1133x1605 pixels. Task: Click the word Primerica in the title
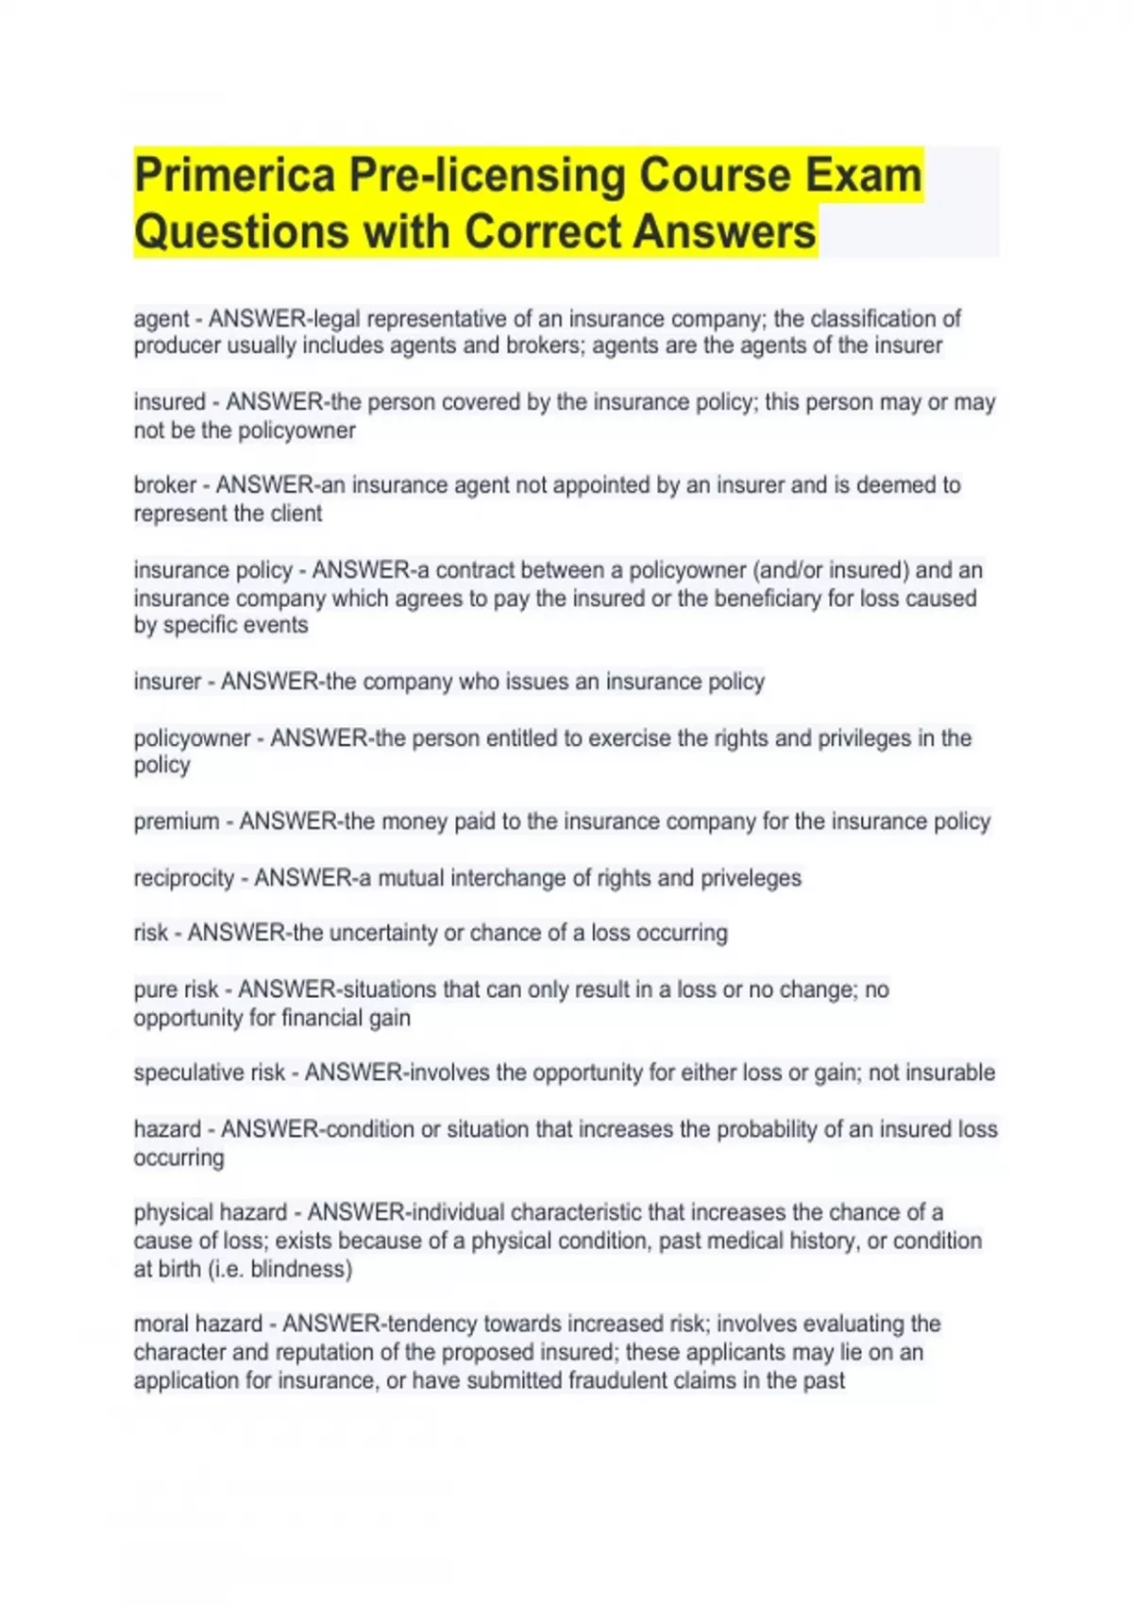(x=234, y=176)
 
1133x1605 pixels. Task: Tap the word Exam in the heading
(x=861, y=176)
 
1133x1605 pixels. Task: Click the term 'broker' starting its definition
(x=164, y=485)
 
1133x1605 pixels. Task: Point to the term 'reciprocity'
(x=183, y=878)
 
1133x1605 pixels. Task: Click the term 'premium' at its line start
(x=176, y=821)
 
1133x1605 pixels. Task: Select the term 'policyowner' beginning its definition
(x=192, y=738)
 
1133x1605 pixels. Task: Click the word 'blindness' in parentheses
(x=300, y=1269)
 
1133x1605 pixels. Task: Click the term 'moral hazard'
(x=197, y=1324)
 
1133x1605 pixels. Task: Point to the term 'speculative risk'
(x=209, y=1073)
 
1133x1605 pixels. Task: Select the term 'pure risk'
(x=176, y=989)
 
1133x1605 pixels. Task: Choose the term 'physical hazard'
(x=210, y=1212)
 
